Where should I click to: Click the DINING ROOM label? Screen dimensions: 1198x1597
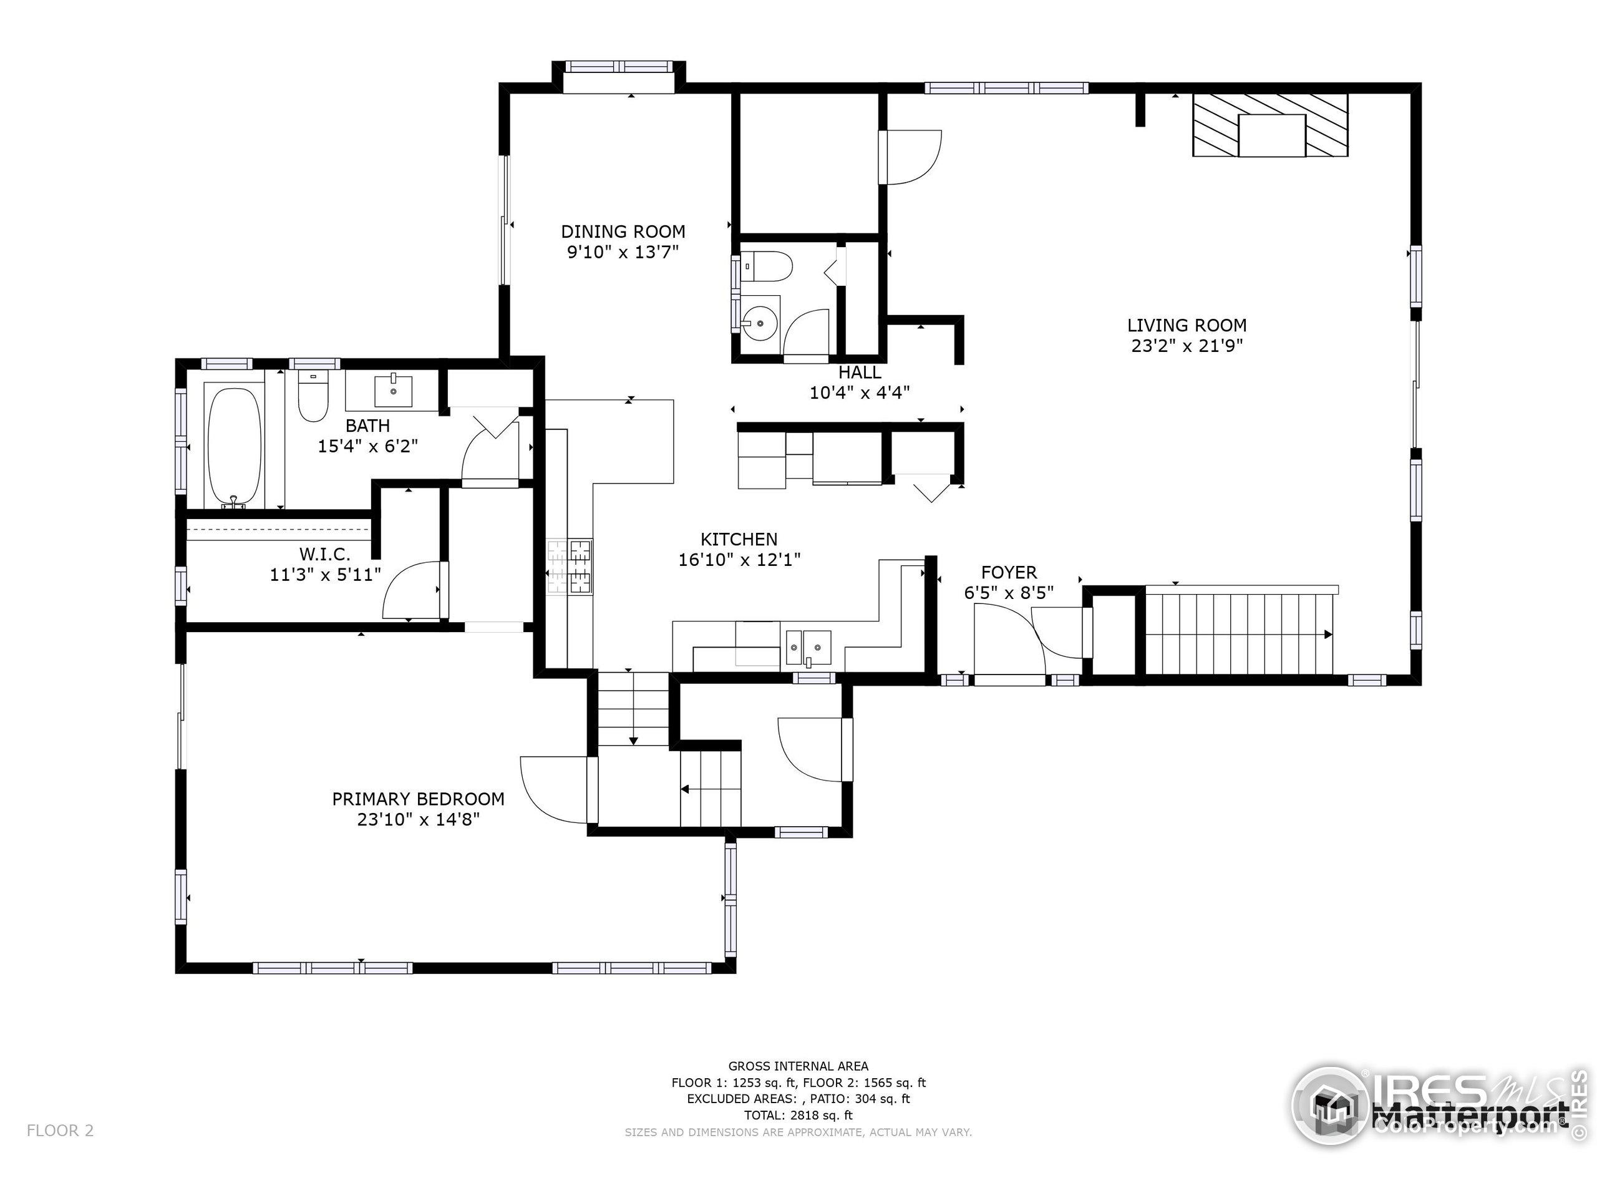[x=623, y=232]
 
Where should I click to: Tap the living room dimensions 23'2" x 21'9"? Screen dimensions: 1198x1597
[x=1187, y=346]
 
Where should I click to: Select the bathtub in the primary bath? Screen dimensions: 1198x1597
[x=234, y=446]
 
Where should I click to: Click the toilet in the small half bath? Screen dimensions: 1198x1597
[x=766, y=266]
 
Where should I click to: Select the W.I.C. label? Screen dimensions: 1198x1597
[x=325, y=555]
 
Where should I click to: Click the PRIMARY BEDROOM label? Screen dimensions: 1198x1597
[x=418, y=799]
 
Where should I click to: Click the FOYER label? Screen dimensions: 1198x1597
[x=1009, y=573]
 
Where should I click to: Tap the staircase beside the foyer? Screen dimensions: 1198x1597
[x=1239, y=633]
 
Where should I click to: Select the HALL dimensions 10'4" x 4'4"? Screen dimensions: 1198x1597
[x=859, y=393]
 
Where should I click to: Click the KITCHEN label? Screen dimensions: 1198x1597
[x=739, y=540]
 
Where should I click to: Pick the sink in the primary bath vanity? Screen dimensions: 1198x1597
[x=393, y=391]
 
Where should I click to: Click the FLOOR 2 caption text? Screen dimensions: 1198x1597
[x=60, y=1131]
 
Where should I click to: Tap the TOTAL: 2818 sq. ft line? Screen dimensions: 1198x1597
[x=798, y=1115]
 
